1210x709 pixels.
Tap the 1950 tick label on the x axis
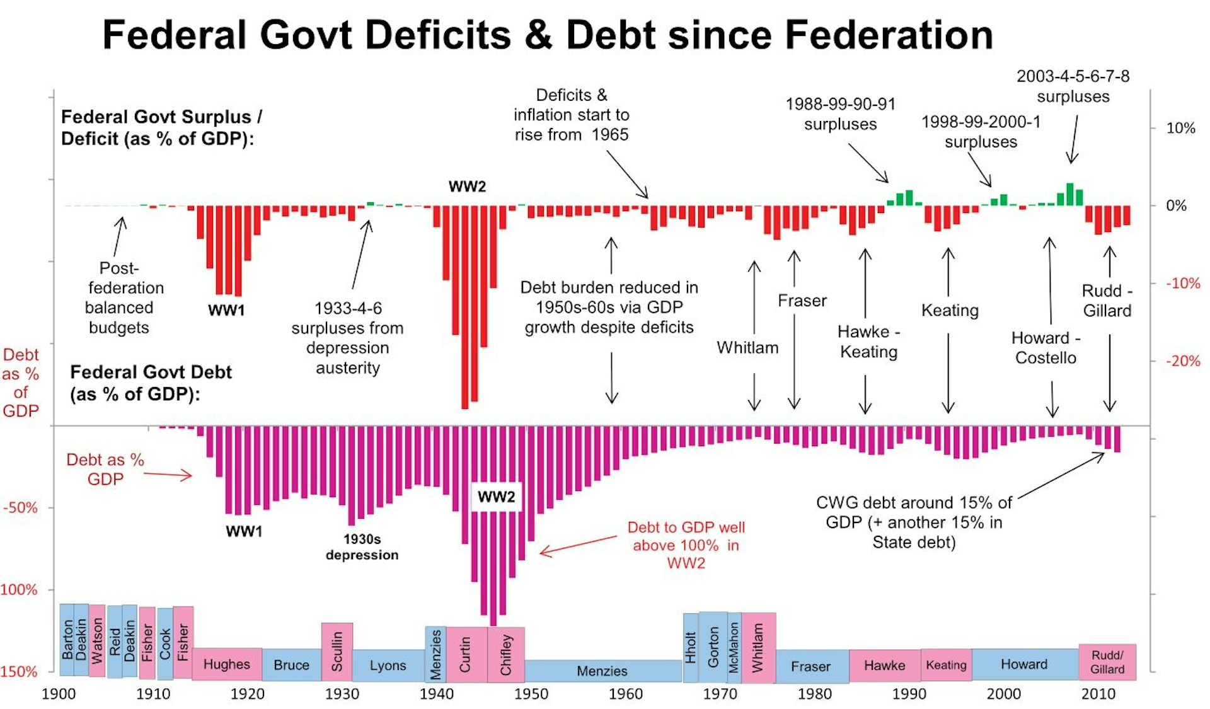coord(531,694)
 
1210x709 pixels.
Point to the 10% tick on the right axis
coord(1180,128)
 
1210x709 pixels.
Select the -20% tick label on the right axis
coord(1182,361)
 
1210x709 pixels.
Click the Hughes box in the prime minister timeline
coord(226,664)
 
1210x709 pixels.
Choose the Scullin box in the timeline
coord(337,652)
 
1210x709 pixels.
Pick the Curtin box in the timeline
coord(466,654)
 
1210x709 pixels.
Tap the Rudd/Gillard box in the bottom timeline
coord(1107,662)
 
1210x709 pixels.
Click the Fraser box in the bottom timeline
coord(810,666)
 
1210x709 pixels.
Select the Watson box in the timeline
coord(96,640)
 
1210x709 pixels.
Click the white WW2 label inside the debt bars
coord(496,497)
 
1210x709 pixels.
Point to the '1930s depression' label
coord(362,547)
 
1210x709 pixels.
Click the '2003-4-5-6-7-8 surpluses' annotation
coord(1073,86)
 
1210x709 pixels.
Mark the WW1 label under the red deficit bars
coord(226,310)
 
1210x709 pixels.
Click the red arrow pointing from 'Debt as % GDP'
coord(168,474)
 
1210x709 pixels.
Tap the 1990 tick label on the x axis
coord(909,694)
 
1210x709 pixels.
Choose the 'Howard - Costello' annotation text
coord(1046,348)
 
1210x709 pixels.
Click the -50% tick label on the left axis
coord(20,507)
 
